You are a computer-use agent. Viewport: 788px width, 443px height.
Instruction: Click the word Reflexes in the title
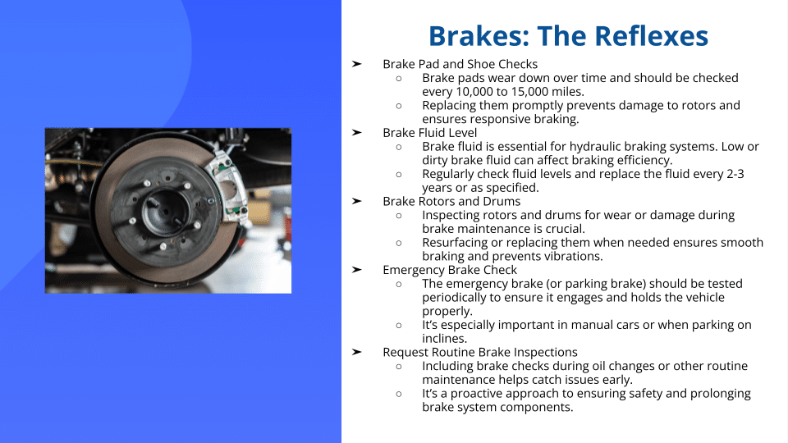coord(651,36)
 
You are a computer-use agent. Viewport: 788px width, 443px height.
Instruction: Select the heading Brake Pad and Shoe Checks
coord(460,64)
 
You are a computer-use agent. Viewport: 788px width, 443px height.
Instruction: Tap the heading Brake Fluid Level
coord(429,133)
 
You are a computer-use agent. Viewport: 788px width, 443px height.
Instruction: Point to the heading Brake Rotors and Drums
coord(451,202)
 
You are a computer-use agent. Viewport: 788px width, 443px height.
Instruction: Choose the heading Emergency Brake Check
coord(450,270)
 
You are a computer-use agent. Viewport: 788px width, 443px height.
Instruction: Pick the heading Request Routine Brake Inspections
coord(480,352)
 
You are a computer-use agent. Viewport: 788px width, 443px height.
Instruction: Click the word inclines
coord(444,339)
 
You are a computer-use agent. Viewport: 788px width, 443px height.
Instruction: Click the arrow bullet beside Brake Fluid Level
coord(357,133)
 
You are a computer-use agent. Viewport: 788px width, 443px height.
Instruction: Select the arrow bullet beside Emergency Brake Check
coord(357,270)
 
